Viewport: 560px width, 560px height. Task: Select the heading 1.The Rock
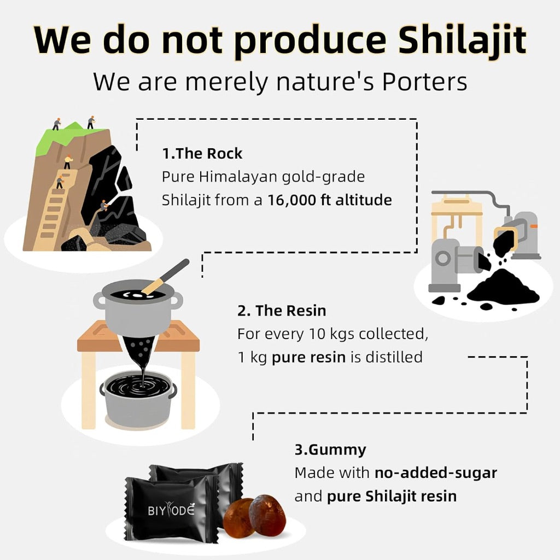pyautogui.click(x=202, y=154)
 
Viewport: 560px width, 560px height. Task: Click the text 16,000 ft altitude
pyautogui.click(x=330, y=200)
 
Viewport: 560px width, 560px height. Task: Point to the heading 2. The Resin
pyautogui.click(x=282, y=311)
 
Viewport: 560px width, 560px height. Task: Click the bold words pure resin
pyautogui.click(x=308, y=358)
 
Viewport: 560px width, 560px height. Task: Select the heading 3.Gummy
pyautogui.click(x=330, y=450)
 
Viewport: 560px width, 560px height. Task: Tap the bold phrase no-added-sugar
pyautogui.click(x=436, y=473)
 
